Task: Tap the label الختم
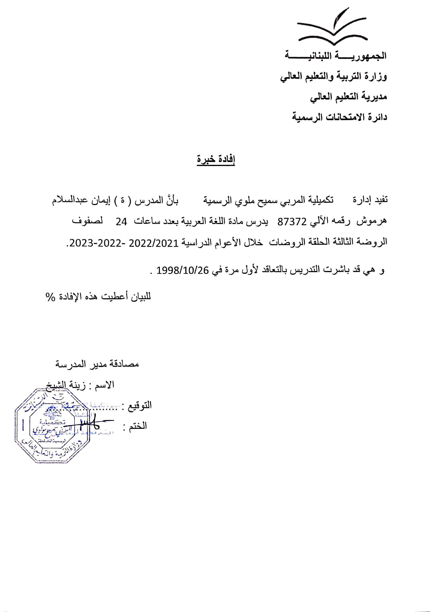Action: pos(138,426)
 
